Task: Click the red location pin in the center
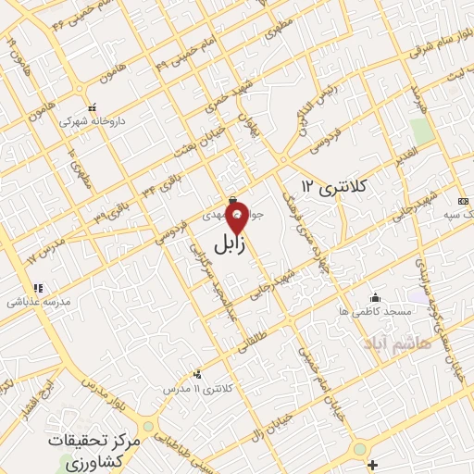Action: [237, 221]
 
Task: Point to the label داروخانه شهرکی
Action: [91, 120]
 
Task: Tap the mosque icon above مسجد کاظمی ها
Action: [375, 297]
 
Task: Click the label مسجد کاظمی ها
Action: [368, 313]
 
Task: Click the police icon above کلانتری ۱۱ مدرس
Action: [196, 375]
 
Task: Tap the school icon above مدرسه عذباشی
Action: [38, 288]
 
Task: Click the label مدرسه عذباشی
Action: [33, 303]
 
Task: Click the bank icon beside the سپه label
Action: [464, 202]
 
